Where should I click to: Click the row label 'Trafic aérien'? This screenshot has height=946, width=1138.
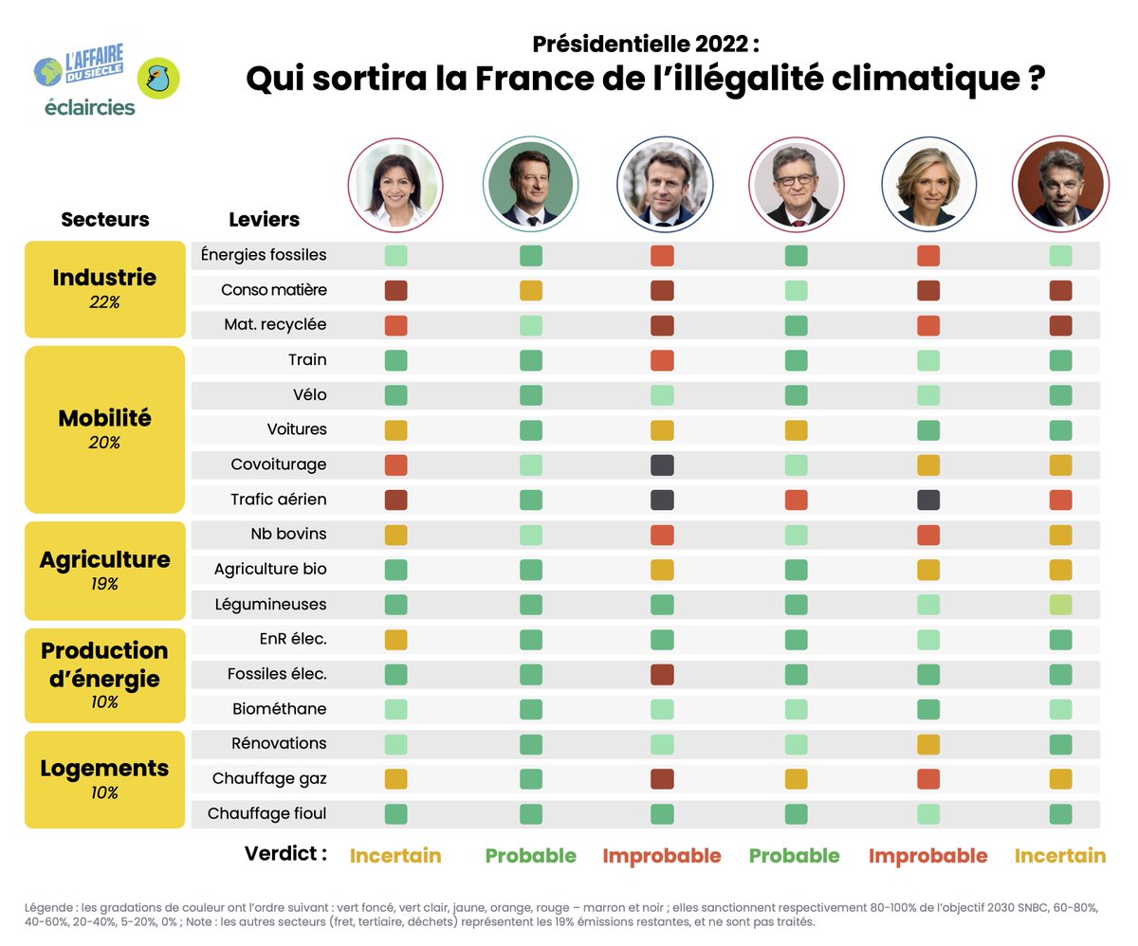point(278,500)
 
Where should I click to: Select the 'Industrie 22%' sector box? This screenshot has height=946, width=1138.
point(104,288)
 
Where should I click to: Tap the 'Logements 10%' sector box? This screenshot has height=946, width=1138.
point(104,778)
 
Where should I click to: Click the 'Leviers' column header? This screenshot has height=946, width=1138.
point(264,220)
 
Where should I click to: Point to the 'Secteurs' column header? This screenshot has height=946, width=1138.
point(105,220)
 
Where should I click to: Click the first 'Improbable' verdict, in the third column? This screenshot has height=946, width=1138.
point(662,856)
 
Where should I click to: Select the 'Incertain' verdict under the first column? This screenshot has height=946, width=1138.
point(395,856)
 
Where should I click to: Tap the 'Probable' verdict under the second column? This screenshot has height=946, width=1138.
point(530,856)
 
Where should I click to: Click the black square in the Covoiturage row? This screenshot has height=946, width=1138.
point(662,464)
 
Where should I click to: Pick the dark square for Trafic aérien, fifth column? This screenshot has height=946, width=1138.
point(928,500)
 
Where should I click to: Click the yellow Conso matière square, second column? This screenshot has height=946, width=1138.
point(531,290)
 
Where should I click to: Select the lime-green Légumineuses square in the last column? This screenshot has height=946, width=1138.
point(1060,604)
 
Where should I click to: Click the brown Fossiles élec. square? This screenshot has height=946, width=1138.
point(662,674)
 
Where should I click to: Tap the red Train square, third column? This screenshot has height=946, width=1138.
point(662,360)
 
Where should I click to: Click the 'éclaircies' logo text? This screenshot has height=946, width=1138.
point(90,108)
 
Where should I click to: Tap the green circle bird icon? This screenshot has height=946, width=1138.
point(158,78)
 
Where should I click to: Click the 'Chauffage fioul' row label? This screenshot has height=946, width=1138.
point(266,813)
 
